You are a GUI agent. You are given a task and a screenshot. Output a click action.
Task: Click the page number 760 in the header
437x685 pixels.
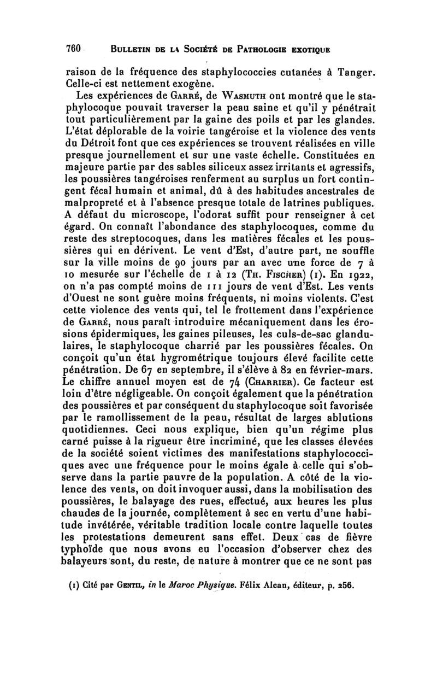tap(73, 48)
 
